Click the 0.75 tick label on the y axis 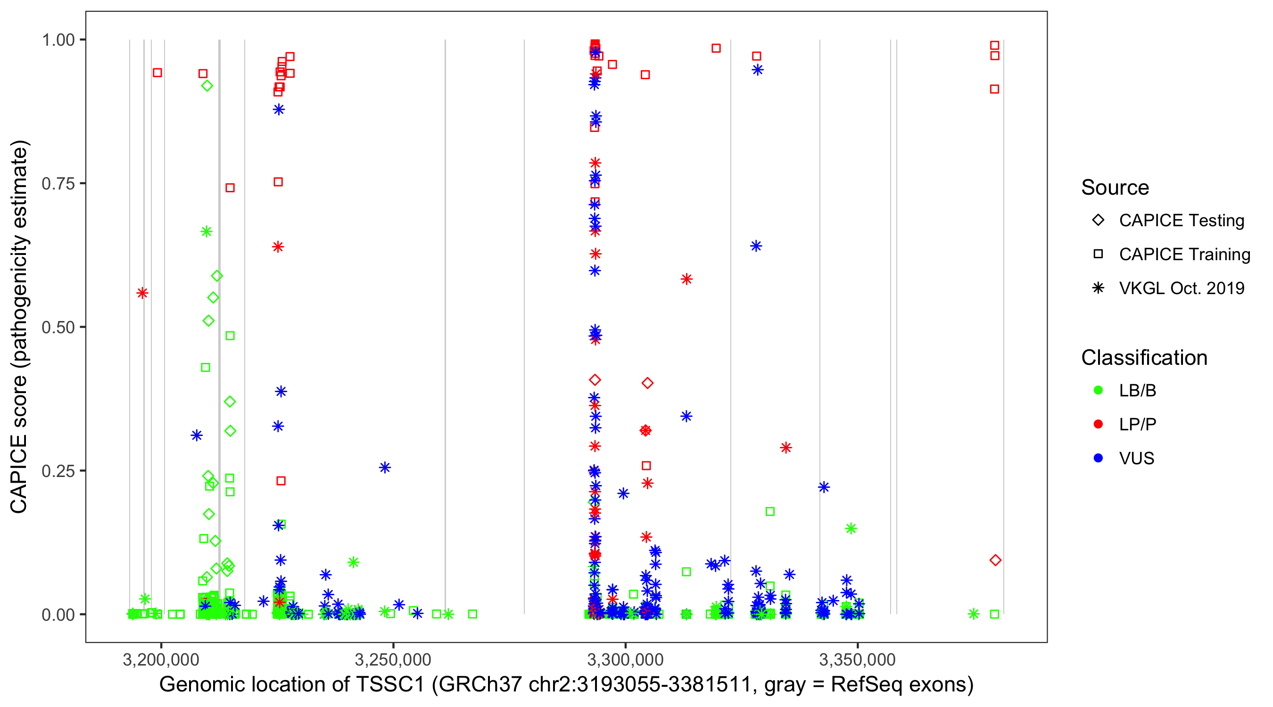(58, 184)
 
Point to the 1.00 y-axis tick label (58, 40)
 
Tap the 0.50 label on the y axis (58, 327)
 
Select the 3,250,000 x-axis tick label (393, 659)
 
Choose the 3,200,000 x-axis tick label (161, 659)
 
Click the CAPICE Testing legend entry (1181, 221)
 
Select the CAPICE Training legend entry (1184, 255)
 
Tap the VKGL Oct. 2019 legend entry (1181, 288)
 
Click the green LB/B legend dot (1098, 390)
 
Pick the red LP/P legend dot (1098, 424)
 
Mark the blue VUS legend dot (1098, 458)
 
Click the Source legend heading (1115, 188)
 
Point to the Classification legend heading (1144, 358)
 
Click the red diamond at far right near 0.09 (995, 560)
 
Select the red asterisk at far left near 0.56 (142, 293)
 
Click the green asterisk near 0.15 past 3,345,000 (851, 529)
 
